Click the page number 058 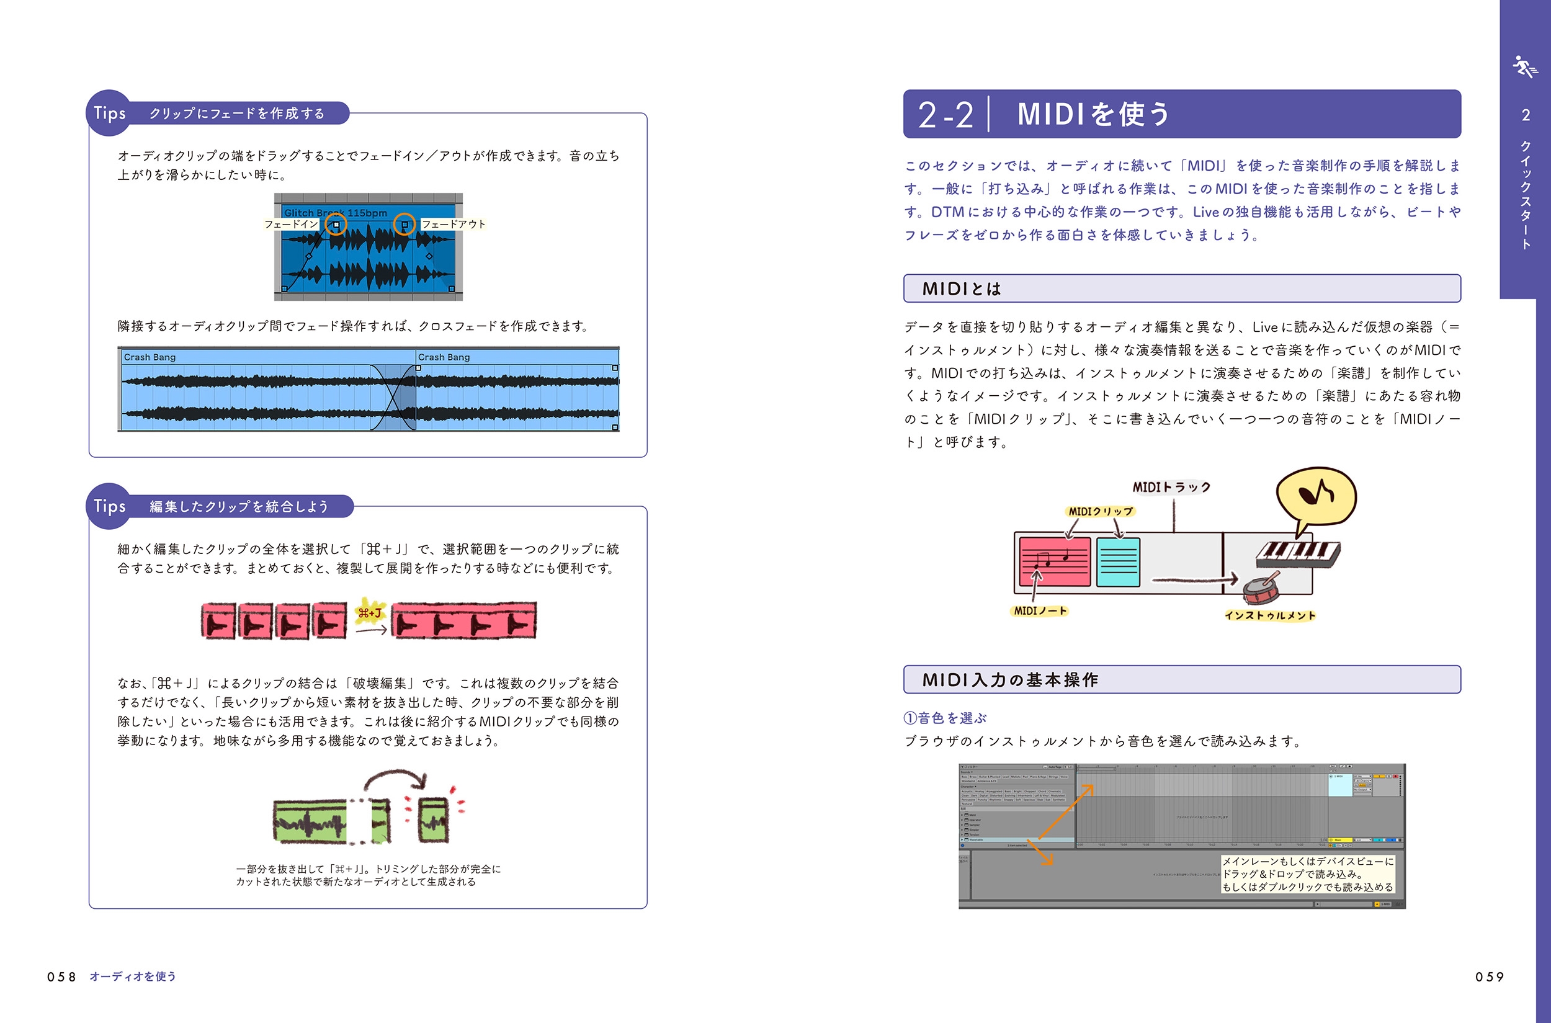click(61, 976)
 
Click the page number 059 click(1489, 976)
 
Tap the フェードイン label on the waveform click(291, 225)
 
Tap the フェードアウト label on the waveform click(454, 225)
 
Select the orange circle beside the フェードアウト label click(405, 225)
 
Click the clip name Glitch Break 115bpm click(336, 213)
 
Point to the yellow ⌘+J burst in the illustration click(370, 613)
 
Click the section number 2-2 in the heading click(945, 115)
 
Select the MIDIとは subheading click(961, 289)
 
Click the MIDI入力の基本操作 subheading click(1009, 680)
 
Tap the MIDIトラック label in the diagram click(1171, 488)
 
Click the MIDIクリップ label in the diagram click(1100, 511)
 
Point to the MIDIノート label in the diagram click(1040, 610)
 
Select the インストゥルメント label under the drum click(1270, 615)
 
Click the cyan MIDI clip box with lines click(1118, 561)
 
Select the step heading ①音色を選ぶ click(945, 718)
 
